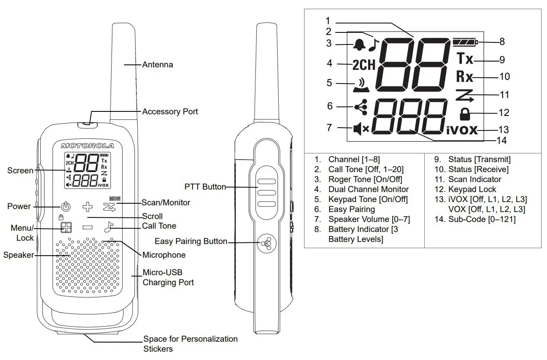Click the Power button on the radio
(66, 206)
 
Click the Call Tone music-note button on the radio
(108, 227)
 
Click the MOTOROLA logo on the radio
(87, 145)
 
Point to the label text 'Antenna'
(158, 64)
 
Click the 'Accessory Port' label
(170, 111)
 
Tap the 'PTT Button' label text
(205, 187)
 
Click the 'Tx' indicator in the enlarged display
(465, 59)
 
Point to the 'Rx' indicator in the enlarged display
(465, 76)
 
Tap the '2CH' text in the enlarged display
(364, 65)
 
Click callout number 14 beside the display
(502, 141)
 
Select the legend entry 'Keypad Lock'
(472, 189)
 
